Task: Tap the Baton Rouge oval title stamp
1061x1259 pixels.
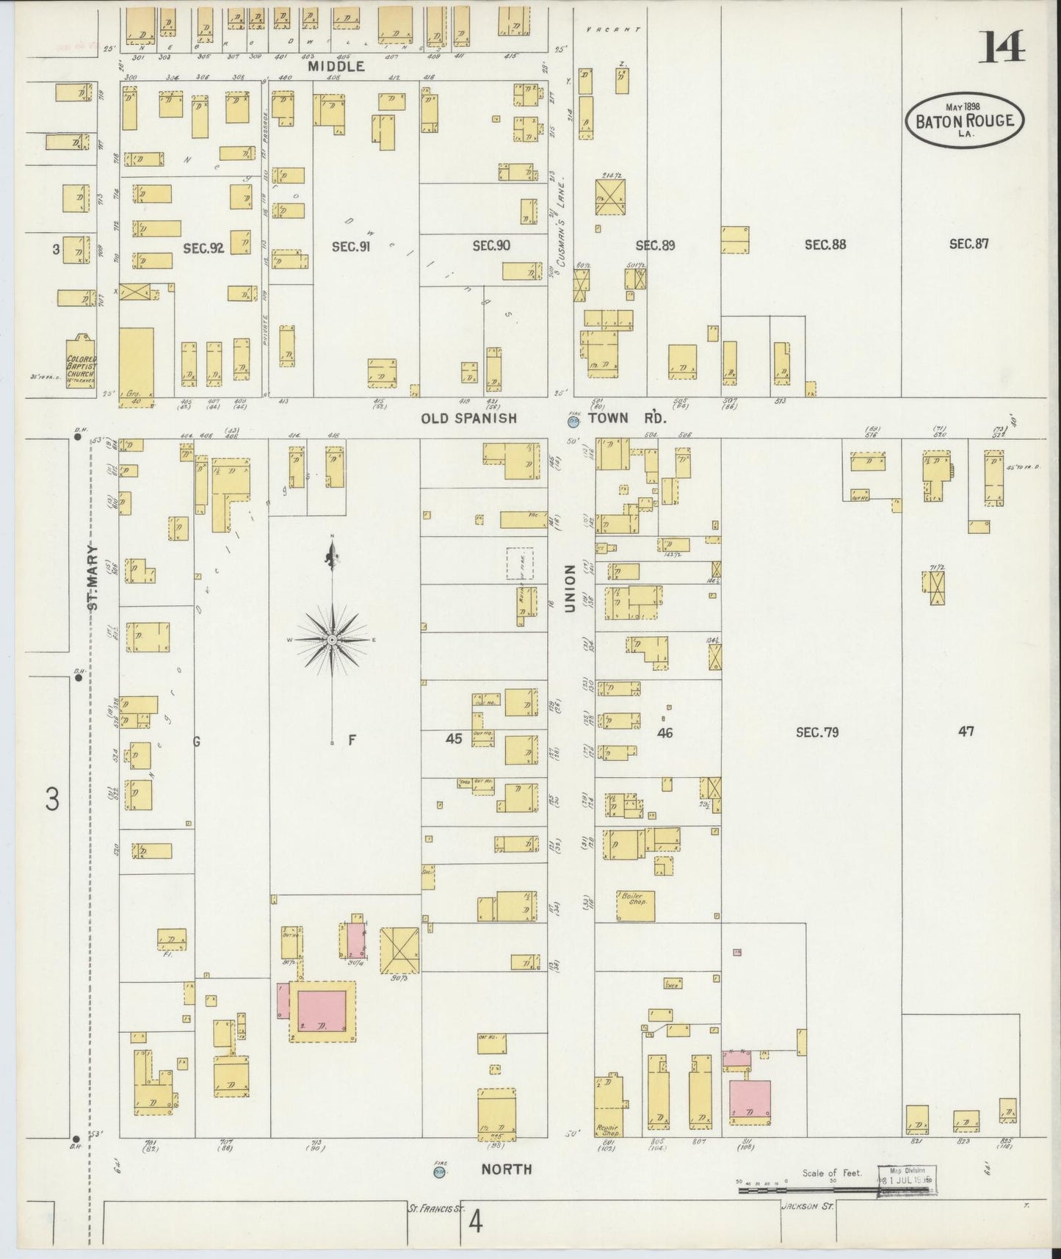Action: (965, 120)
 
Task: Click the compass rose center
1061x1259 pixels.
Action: (333, 641)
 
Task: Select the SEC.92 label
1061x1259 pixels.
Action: (203, 248)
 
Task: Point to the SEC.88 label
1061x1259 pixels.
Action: (825, 245)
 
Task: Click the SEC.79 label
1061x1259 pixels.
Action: (817, 732)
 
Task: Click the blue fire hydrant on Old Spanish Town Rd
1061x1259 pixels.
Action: (573, 421)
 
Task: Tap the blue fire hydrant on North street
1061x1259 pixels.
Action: (440, 1172)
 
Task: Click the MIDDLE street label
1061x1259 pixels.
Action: (336, 66)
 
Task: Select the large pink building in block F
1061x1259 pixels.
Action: (322, 1010)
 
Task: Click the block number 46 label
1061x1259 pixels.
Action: (665, 732)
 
